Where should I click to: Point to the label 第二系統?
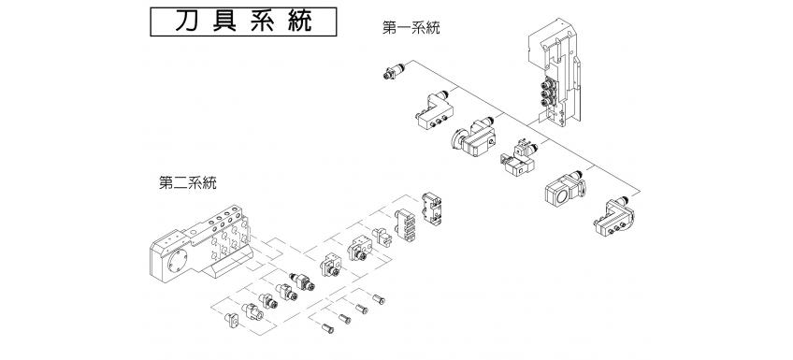(187, 183)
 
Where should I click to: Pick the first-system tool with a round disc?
(477, 135)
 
